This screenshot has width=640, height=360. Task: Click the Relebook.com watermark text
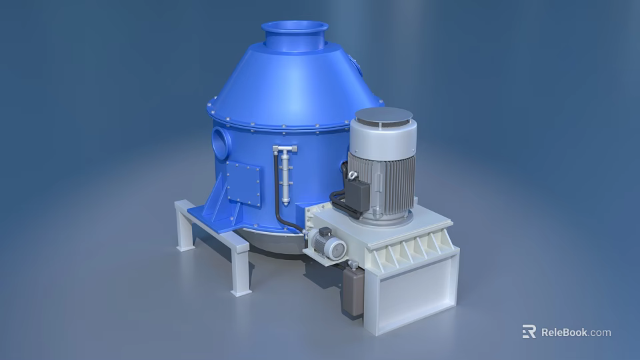[x=575, y=332]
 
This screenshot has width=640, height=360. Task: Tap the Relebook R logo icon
[x=529, y=331]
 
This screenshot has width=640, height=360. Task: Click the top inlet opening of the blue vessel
[x=294, y=28]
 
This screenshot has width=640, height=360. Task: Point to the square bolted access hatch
[x=243, y=181]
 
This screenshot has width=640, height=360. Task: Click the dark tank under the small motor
[x=351, y=292]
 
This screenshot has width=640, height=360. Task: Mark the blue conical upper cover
[x=293, y=80]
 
